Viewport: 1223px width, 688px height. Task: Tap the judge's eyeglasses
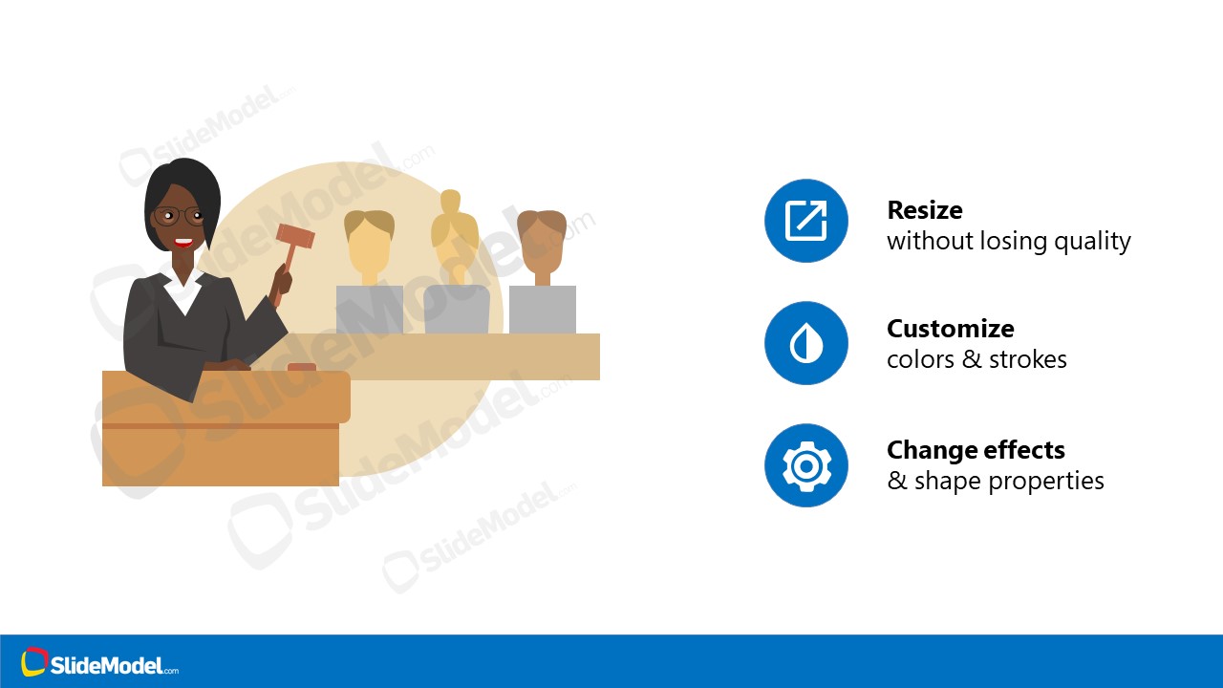click(x=178, y=216)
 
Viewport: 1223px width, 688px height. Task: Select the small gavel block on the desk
click(x=302, y=367)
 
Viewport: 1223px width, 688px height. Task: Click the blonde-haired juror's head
click(x=369, y=244)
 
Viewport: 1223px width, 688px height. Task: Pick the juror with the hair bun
click(x=454, y=234)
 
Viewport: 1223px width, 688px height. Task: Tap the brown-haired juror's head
click(x=542, y=239)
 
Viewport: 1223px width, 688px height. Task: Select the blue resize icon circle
click(x=805, y=221)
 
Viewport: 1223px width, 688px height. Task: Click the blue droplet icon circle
click(x=805, y=343)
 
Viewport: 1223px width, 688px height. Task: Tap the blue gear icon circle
click(x=805, y=465)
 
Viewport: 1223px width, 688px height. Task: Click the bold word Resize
click(x=924, y=210)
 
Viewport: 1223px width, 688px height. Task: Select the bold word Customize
click(x=950, y=329)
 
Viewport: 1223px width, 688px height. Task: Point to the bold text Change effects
click(x=975, y=450)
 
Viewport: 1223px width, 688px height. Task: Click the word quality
click(x=1092, y=242)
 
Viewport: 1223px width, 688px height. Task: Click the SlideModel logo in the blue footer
click(x=99, y=663)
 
